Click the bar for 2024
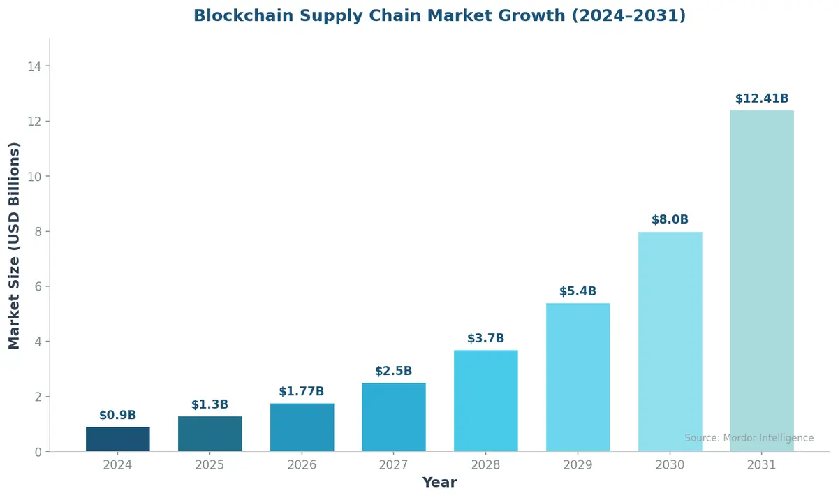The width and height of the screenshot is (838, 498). (118, 439)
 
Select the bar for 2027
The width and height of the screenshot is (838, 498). (394, 417)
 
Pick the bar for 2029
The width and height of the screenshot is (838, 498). (578, 377)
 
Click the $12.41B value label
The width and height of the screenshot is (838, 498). (762, 99)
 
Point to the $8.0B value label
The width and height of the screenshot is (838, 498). (670, 220)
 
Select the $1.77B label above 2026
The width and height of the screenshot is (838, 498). (302, 392)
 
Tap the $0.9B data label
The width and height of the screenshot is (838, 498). (118, 416)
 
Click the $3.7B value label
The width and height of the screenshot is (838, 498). (485, 339)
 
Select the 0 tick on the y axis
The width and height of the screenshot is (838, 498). (38, 453)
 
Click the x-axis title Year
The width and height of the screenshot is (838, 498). (439, 483)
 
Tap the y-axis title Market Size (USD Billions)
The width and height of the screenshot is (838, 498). (15, 245)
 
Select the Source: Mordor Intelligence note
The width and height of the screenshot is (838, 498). (749, 438)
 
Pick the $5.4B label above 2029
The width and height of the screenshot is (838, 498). (578, 292)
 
